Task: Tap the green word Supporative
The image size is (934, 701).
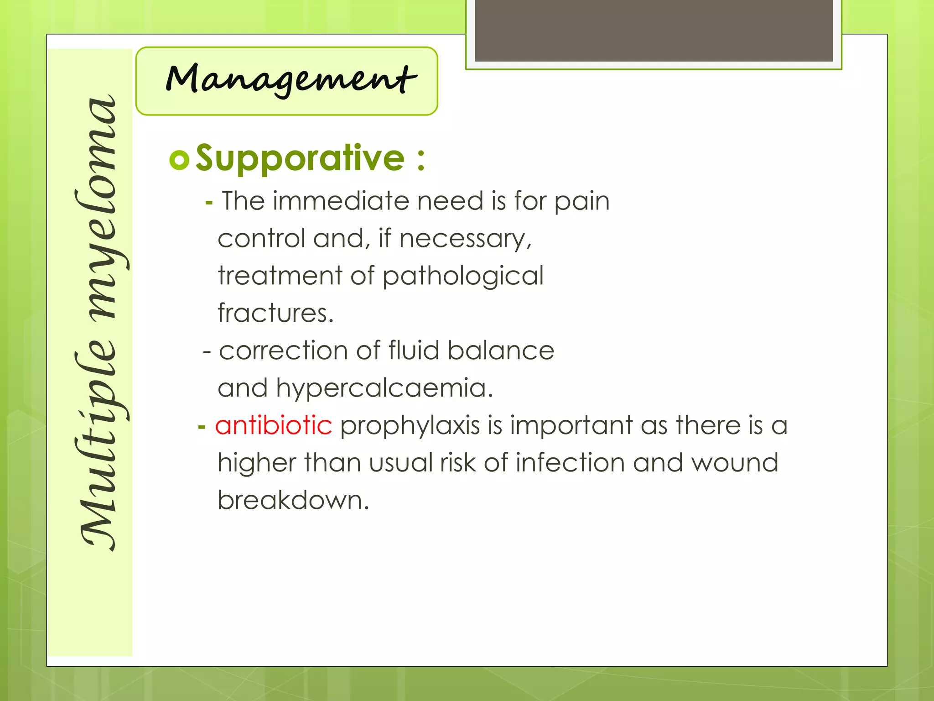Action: (x=300, y=158)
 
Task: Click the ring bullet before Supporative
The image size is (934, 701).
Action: (x=179, y=160)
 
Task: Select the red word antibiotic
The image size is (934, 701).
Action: (x=274, y=425)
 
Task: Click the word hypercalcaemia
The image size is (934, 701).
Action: (x=384, y=388)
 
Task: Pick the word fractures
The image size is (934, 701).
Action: (x=275, y=314)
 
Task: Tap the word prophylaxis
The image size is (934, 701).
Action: (x=410, y=425)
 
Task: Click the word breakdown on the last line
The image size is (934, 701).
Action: (x=293, y=500)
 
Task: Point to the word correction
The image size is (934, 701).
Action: (x=283, y=351)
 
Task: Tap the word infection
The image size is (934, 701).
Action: (x=570, y=463)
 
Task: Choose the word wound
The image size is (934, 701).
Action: (x=734, y=463)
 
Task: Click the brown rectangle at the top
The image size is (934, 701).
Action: (x=654, y=30)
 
